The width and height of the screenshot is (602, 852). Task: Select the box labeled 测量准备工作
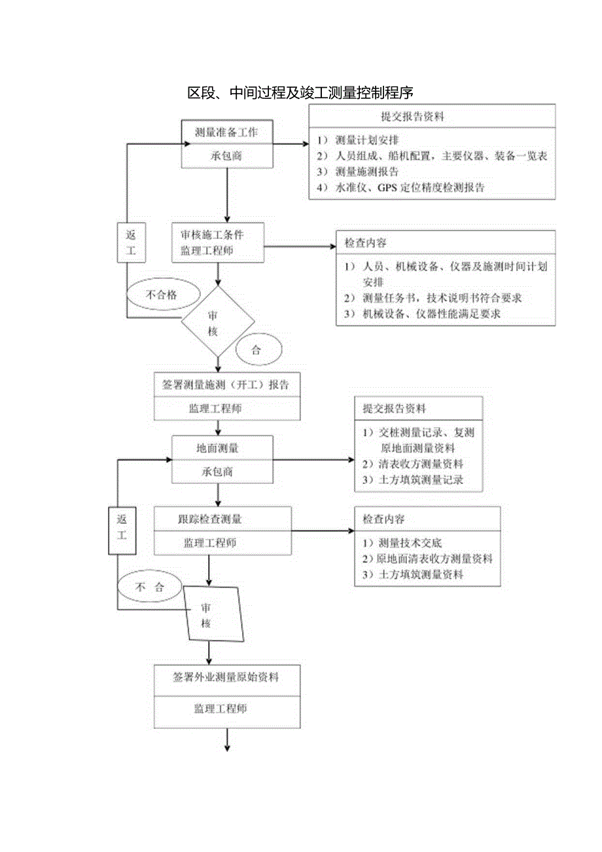click(x=226, y=132)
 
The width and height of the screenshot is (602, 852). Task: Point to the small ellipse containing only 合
click(x=256, y=350)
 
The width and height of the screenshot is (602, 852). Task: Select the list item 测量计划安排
click(x=366, y=139)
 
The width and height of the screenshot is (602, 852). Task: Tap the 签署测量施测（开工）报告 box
click(x=226, y=384)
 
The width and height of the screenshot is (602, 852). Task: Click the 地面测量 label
click(x=218, y=449)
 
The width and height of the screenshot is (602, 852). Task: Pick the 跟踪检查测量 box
click(x=222, y=519)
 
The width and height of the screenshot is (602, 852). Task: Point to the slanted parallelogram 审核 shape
click(x=213, y=614)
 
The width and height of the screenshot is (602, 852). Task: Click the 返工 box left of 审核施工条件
click(x=132, y=243)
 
